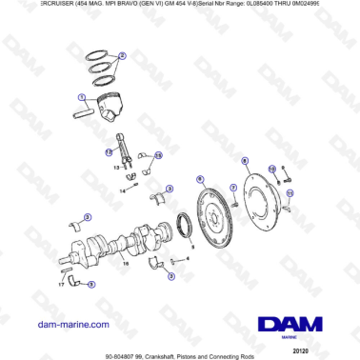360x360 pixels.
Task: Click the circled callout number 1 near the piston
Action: coord(82,96)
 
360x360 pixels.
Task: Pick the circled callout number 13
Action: coord(158,154)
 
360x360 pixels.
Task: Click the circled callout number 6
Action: coord(199,178)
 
